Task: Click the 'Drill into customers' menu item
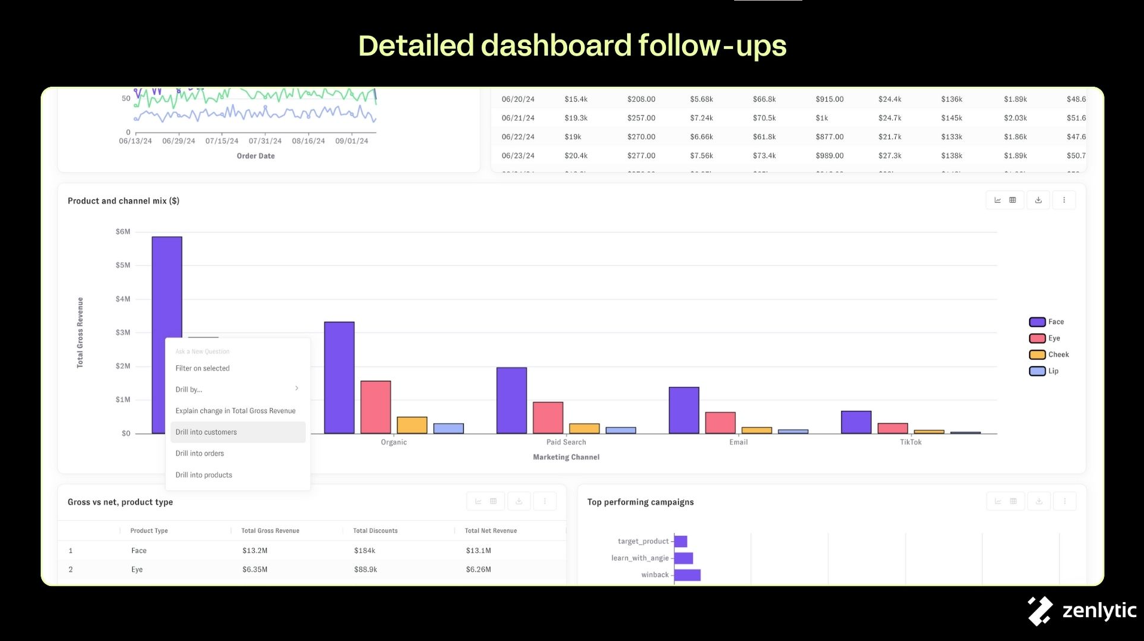(x=206, y=432)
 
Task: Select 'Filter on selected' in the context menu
(x=202, y=368)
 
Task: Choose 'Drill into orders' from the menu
(x=200, y=454)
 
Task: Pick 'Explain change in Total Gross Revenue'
(x=235, y=411)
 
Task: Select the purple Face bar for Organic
(x=339, y=377)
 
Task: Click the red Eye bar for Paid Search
(x=548, y=417)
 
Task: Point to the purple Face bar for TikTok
(x=856, y=422)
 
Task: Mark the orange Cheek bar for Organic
(x=412, y=425)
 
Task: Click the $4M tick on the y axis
(x=123, y=299)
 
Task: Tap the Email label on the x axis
(x=738, y=442)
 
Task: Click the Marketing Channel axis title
(x=566, y=457)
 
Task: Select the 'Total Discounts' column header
(x=375, y=531)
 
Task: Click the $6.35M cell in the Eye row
(x=255, y=570)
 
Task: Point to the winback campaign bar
(x=687, y=575)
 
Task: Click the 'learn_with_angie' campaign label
(x=640, y=558)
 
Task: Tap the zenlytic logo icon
(x=1040, y=611)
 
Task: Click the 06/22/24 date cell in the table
(x=518, y=137)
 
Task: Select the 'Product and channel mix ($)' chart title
(x=123, y=201)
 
